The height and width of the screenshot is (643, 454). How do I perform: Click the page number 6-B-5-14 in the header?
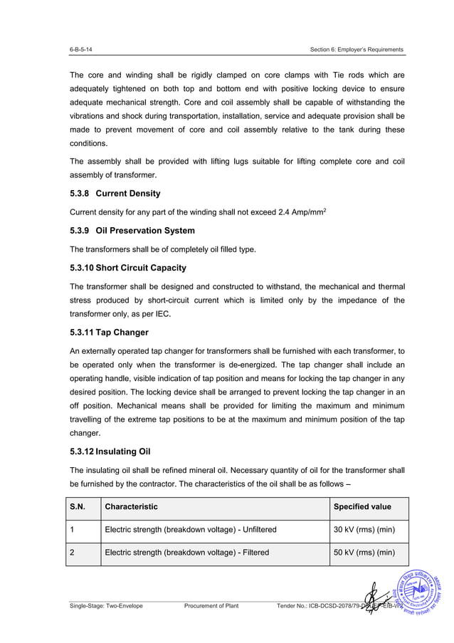(80, 49)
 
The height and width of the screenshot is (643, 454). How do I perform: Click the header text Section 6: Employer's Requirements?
(357, 49)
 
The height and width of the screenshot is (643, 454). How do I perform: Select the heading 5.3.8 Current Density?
(115, 194)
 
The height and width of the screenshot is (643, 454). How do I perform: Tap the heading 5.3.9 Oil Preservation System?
(132, 231)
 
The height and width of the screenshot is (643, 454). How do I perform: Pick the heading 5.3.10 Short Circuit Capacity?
(128, 268)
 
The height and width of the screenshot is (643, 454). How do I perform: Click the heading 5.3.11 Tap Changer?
(109, 332)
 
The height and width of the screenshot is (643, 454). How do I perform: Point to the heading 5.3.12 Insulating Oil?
(110, 451)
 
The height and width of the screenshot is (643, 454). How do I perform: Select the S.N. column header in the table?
(77, 507)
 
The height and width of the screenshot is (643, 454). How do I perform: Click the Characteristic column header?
(132, 507)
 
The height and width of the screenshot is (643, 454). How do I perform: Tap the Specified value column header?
(362, 507)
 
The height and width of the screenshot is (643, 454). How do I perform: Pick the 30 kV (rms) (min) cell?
(364, 530)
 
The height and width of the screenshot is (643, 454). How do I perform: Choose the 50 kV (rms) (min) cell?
(364, 553)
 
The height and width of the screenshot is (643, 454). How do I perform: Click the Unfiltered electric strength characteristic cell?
(191, 530)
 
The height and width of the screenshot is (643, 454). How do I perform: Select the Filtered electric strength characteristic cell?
(186, 553)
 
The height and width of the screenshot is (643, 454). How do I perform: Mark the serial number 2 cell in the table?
(73, 553)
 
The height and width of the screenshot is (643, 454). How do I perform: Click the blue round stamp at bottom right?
(421, 592)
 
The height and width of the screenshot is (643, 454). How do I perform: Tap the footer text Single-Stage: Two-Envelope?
(106, 606)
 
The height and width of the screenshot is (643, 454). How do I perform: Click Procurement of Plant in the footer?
(211, 606)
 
